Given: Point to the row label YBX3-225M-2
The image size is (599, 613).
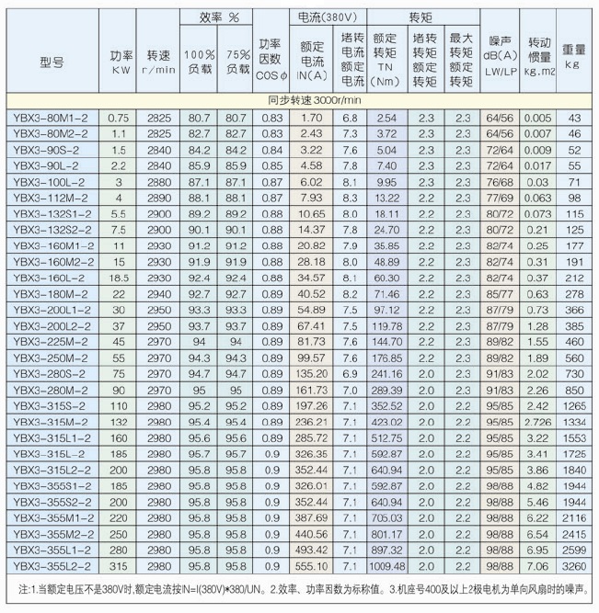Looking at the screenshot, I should tap(50, 340).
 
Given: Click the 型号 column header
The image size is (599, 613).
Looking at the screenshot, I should tap(52, 62).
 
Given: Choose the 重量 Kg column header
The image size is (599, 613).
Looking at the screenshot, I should tap(574, 59).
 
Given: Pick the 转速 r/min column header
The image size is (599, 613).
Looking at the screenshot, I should tap(159, 60).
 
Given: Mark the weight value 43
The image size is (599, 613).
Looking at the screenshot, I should tap(574, 118).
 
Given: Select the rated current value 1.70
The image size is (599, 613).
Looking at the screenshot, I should tap(313, 118).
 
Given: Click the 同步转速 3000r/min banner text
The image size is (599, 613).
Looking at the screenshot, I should tap(298, 99).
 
